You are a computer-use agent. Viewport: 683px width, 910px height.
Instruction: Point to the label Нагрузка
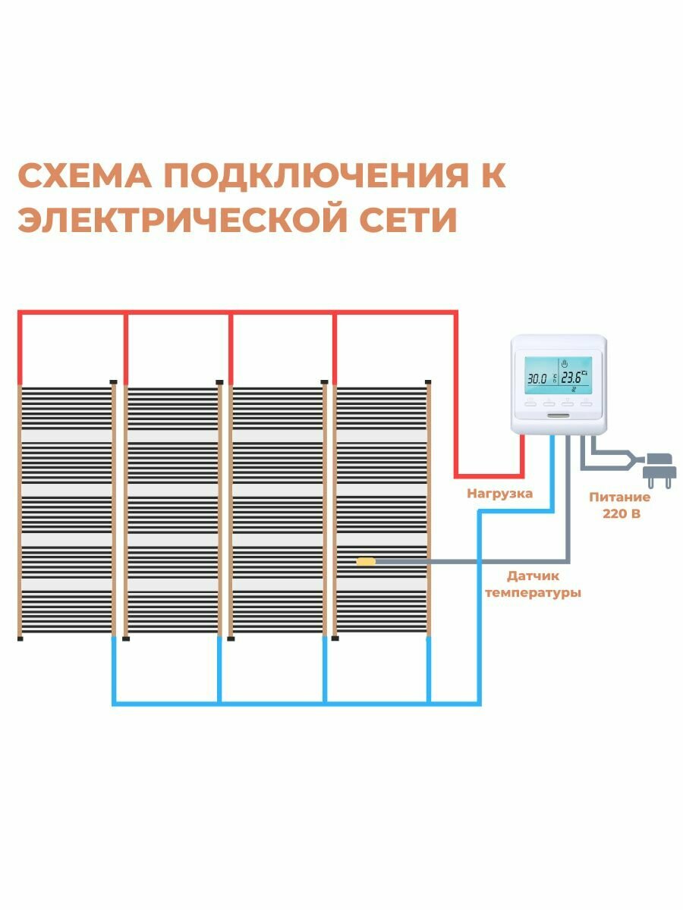pos(499,494)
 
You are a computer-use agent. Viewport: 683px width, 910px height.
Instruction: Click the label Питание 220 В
pos(620,505)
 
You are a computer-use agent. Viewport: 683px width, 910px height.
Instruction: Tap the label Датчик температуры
pos(533,585)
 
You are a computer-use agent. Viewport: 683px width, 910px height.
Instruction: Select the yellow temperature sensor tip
pos(366,561)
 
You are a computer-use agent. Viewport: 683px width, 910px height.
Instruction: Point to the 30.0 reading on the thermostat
pos(537,378)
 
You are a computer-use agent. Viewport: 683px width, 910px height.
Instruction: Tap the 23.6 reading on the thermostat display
pos(574,378)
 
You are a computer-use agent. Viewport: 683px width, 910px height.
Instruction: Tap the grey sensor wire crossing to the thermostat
pos(471,562)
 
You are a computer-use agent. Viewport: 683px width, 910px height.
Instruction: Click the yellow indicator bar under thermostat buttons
pos(559,414)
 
